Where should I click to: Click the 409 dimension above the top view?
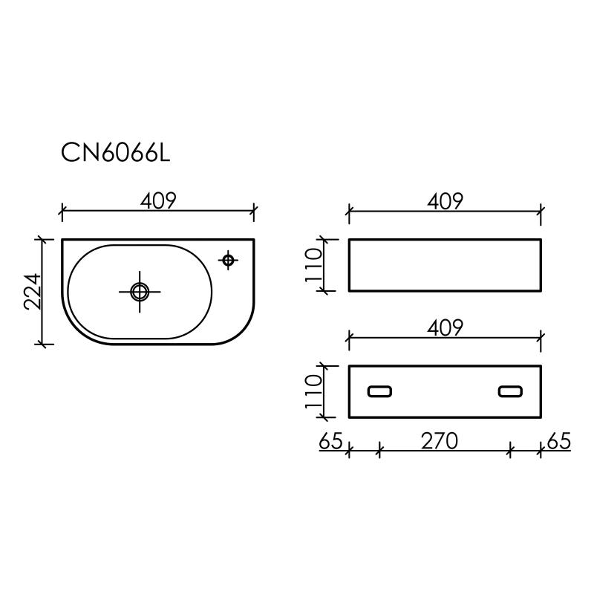(x=157, y=200)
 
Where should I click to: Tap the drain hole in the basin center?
(x=139, y=291)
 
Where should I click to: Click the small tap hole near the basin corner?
(x=229, y=259)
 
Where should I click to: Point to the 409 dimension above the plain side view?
(x=445, y=200)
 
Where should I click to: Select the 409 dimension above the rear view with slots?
(x=445, y=328)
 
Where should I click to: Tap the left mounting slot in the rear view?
(x=380, y=391)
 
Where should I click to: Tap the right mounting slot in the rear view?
(x=510, y=391)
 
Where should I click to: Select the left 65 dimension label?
(x=330, y=441)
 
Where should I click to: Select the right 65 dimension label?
(x=558, y=441)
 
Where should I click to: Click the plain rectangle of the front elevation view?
(x=445, y=265)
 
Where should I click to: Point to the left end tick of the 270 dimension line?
(x=379, y=448)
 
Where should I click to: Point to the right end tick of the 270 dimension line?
(x=511, y=448)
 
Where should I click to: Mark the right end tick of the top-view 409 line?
(x=254, y=212)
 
